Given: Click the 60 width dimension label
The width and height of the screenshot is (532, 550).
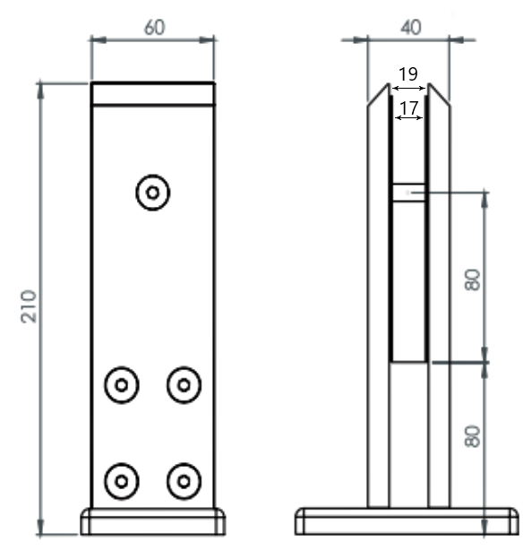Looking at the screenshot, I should coord(153,27).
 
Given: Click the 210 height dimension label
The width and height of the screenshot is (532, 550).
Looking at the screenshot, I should coord(28,306).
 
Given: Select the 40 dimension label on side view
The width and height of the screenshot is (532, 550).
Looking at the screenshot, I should coord(410,27).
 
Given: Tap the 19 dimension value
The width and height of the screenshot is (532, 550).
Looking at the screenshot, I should coord(408,74).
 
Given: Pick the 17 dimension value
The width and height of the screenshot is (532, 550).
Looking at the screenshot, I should coord(408,108).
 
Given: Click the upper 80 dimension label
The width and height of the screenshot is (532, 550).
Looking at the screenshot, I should coord(474,279).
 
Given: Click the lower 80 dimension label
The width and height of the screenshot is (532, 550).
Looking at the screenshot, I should coord(474,436).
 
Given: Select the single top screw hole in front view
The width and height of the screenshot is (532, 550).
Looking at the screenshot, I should coord(153,192).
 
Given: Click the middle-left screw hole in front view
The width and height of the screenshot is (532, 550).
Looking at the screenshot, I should coord(122,385).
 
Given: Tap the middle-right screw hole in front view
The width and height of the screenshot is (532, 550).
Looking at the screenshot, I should coord(184,385).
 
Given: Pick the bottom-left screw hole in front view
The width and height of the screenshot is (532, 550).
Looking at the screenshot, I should coord(122,481).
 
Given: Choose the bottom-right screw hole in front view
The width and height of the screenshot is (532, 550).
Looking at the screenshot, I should coord(184,481).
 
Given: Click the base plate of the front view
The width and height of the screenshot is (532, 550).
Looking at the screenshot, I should coord(153,520).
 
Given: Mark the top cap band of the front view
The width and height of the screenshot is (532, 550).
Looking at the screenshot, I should coord(153,94).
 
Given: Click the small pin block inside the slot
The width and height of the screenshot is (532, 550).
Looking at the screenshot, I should coord(408,192).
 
